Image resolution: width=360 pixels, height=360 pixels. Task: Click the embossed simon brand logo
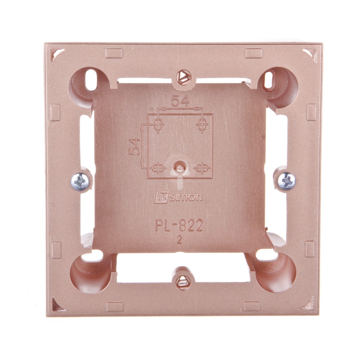179,197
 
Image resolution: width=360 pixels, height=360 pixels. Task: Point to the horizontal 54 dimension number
180,101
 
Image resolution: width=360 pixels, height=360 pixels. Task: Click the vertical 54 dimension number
135,147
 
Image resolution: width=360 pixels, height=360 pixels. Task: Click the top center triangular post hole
183,76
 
